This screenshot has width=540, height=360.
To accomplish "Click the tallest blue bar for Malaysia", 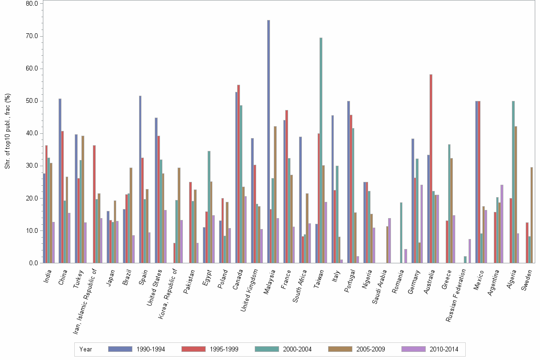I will click(x=269, y=141).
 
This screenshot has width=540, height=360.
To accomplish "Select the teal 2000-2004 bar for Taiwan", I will click(x=321, y=150).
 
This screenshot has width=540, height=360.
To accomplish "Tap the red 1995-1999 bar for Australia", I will click(x=431, y=169).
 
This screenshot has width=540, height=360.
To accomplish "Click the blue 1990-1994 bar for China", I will click(x=60, y=181).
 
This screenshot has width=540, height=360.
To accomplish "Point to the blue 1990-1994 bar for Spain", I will click(x=140, y=180).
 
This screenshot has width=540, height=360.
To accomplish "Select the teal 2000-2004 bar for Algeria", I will click(x=513, y=182).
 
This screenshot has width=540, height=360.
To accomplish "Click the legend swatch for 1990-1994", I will click(x=120, y=349).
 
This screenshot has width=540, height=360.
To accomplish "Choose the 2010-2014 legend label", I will click(x=443, y=349).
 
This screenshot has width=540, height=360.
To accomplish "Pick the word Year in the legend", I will click(x=86, y=349).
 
